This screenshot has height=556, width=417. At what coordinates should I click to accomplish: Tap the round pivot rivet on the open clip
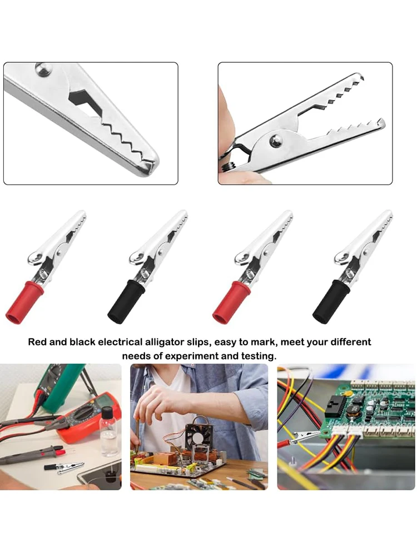click(x=276, y=141)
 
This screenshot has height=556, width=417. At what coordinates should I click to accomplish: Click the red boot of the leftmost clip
click(x=23, y=304)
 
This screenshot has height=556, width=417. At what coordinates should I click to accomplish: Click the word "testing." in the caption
click(x=256, y=356)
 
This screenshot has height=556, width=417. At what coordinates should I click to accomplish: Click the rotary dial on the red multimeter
click(x=84, y=414)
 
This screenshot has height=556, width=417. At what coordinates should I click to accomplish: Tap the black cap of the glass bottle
click(x=107, y=413)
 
